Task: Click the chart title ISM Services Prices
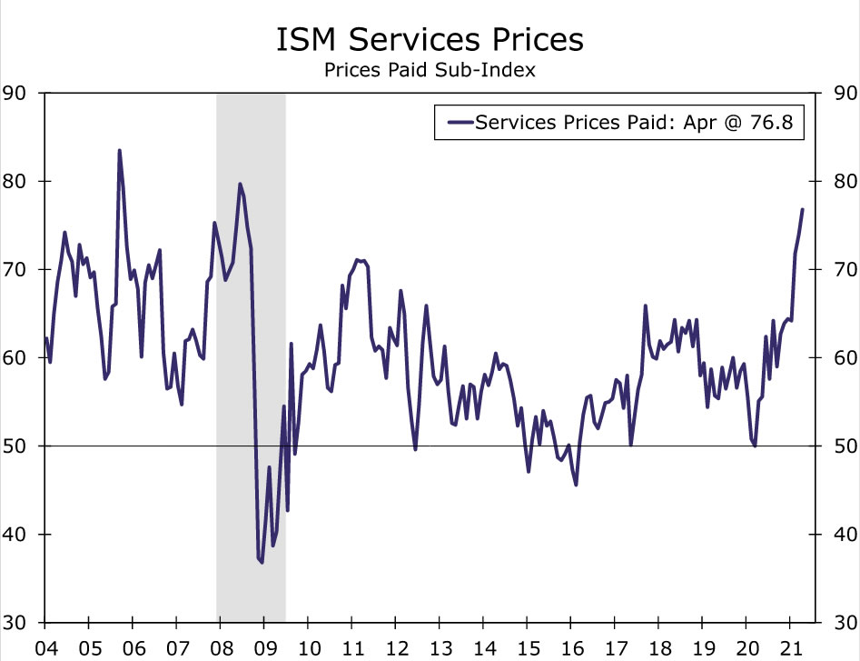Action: [430, 41]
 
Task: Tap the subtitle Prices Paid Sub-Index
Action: [430, 69]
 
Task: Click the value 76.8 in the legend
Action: [778, 122]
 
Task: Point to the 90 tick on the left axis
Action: [15, 93]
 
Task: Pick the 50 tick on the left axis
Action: [15, 446]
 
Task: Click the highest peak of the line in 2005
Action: [119, 151]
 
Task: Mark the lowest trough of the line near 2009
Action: [262, 563]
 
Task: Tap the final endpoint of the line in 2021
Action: [802, 209]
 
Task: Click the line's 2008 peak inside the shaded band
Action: [240, 185]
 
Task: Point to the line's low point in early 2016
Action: [576, 484]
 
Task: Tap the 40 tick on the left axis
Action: [15, 535]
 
